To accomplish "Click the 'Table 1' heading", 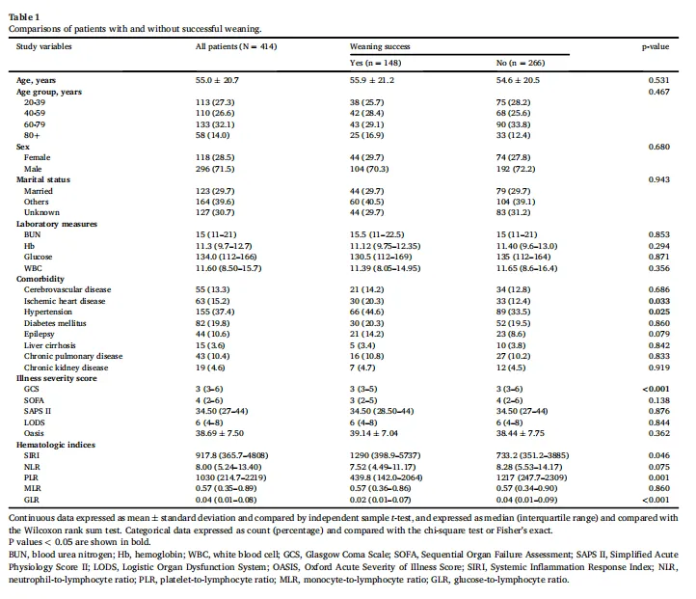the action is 24,16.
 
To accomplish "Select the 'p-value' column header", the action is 656,46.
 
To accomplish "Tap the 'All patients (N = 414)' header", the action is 236,46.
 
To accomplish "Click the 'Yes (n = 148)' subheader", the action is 376,63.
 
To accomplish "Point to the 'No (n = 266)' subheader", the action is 521,63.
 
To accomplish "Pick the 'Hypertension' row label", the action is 48,312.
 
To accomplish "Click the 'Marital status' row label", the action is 43,179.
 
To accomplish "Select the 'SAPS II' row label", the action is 38,411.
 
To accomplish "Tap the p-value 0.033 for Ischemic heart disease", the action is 659,301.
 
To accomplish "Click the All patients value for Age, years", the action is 217,80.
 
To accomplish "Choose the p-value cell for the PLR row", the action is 659,477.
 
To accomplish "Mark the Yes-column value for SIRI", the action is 386,455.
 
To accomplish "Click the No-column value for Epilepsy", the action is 511,334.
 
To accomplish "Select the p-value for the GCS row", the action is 656,389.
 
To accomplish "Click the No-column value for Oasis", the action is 521,433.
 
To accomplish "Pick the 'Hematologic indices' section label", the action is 56,445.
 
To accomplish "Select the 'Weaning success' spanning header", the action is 380,46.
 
